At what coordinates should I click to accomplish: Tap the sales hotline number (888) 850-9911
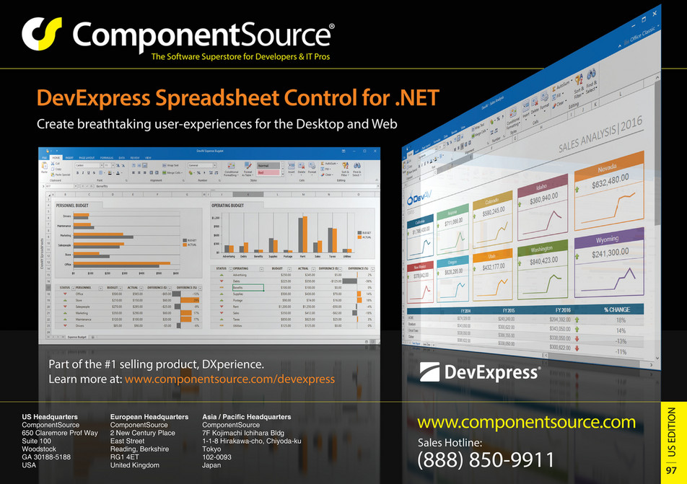(486, 459)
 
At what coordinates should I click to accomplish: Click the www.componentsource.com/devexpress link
(229, 379)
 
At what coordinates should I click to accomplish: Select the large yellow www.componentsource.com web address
(527, 422)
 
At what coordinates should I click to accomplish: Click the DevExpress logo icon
(430, 371)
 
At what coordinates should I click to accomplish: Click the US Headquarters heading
(50, 417)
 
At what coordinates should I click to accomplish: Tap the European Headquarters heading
(149, 417)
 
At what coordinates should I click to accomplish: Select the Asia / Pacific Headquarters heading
(246, 417)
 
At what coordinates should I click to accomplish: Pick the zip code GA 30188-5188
(46, 457)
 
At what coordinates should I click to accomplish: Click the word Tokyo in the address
(212, 449)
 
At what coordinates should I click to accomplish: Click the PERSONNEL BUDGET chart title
(78, 205)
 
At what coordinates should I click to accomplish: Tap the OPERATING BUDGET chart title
(237, 205)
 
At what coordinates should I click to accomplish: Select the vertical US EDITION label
(671, 433)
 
